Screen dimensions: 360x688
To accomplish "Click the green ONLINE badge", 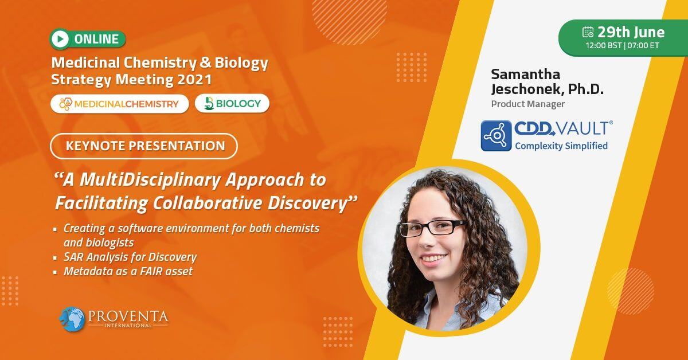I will point(87,39).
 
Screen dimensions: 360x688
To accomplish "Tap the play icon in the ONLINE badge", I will point(60,39).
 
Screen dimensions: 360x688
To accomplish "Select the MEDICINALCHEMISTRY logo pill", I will point(119,104).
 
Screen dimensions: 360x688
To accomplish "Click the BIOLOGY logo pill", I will point(232,104).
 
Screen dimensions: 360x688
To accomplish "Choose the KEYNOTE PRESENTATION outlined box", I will point(143,146).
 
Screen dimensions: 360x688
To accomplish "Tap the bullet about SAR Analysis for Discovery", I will point(130,257).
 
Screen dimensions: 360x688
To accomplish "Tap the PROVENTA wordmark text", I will point(128,316).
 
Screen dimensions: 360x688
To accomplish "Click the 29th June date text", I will point(631,32).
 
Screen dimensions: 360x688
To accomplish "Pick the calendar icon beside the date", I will point(588,32).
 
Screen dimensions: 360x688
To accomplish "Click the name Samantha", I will point(525,75).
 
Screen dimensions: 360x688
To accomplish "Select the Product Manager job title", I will point(527,104).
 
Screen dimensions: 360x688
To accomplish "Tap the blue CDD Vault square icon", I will point(496,135).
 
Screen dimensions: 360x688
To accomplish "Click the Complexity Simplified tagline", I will point(561,146).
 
